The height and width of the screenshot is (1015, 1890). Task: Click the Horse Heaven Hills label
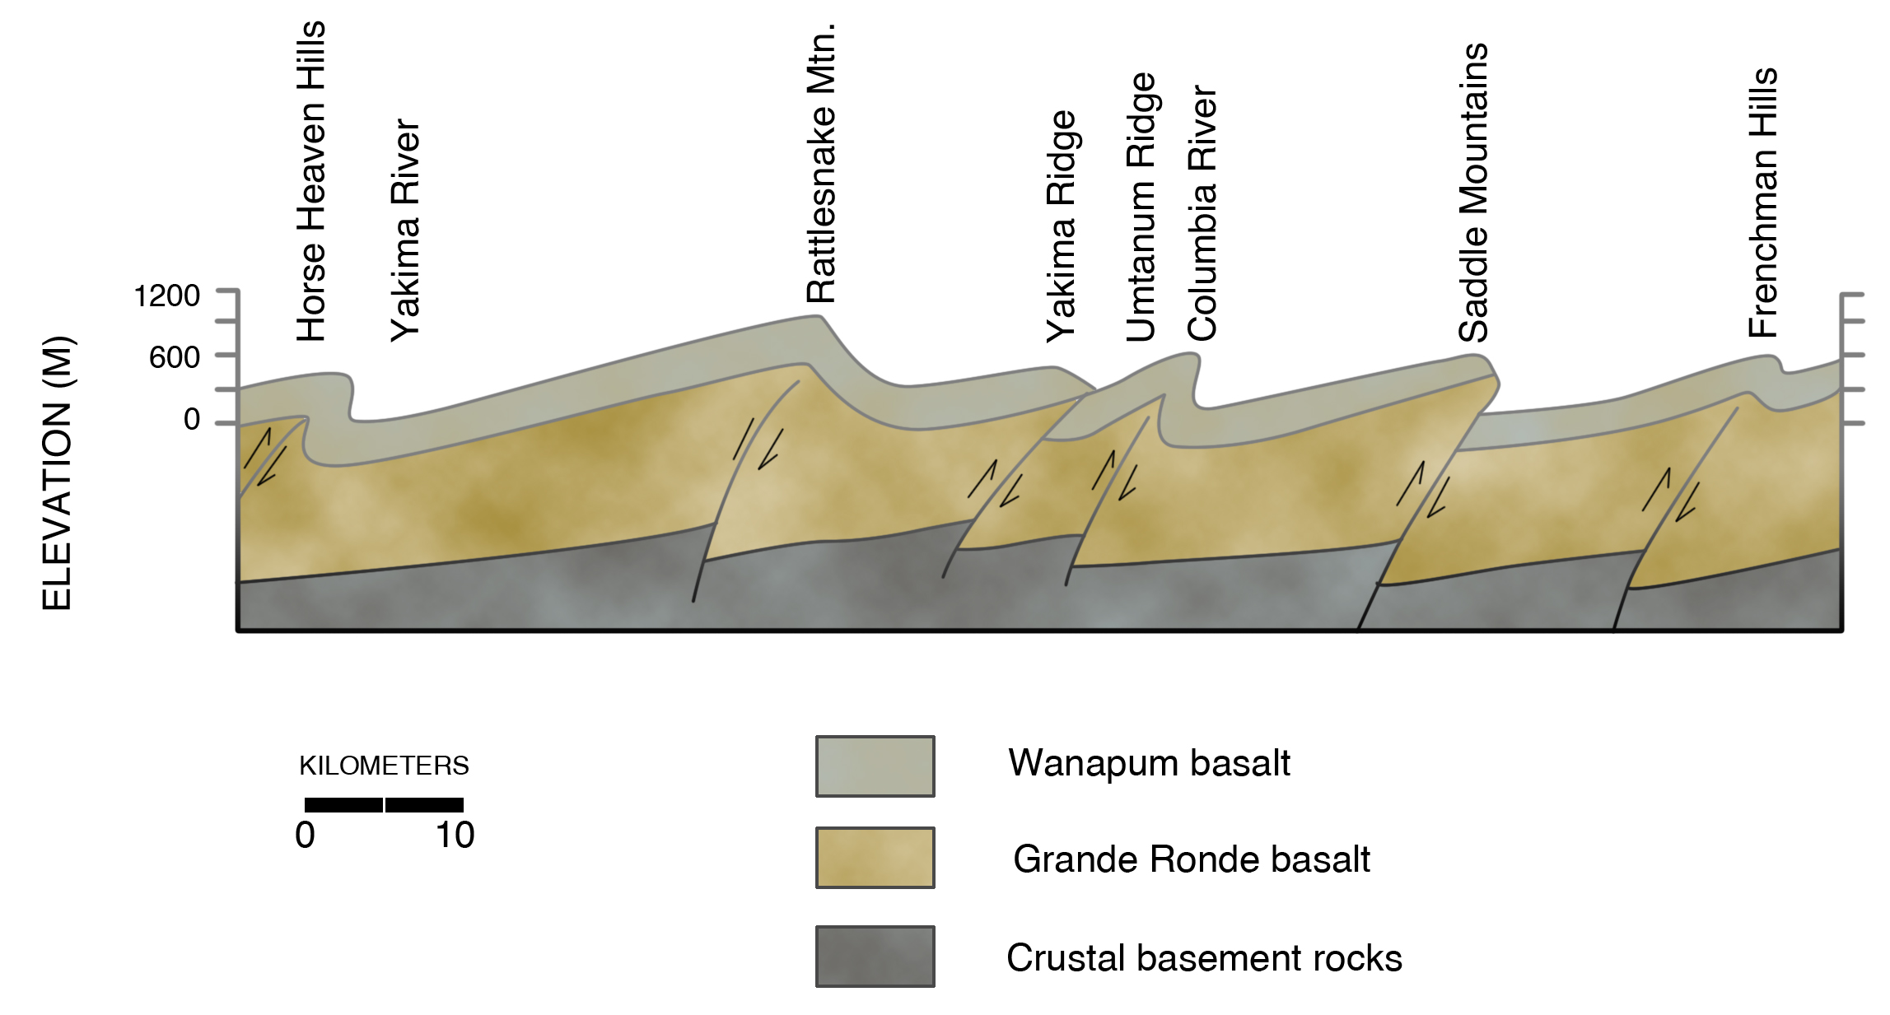[x=312, y=181]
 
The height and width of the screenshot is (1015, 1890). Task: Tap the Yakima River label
[x=405, y=230]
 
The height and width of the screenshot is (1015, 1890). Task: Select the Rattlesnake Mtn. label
[x=821, y=163]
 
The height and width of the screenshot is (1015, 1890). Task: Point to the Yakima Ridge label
[x=1061, y=226]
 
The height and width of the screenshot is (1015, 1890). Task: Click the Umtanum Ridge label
[x=1141, y=207]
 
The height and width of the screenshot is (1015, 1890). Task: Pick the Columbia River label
[x=1202, y=212]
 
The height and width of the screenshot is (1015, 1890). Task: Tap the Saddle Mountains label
[x=1473, y=193]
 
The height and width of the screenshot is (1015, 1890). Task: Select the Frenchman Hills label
[x=1763, y=203]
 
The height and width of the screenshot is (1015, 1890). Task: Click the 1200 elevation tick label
[x=167, y=296]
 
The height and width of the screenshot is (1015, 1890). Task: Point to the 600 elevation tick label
[x=175, y=358]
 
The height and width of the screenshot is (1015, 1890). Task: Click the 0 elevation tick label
[x=192, y=420]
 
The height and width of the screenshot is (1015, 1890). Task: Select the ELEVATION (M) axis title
[x=57, y=473]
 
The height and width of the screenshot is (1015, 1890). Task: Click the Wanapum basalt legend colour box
[x=875, y=766]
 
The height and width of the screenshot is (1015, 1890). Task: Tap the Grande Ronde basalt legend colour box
[x=875, y=858]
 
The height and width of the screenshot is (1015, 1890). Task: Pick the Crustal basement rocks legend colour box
[x=875, y=957]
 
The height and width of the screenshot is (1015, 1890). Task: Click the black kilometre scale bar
[x=384, y=805]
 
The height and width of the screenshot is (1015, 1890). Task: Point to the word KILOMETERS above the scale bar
[x=384, y=766]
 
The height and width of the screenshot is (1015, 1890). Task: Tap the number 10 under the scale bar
[x=455, y=836]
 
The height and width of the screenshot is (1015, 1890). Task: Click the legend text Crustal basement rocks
[x=1204, y=958]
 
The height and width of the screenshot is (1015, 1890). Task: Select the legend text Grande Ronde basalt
[x=1191, y=859]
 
